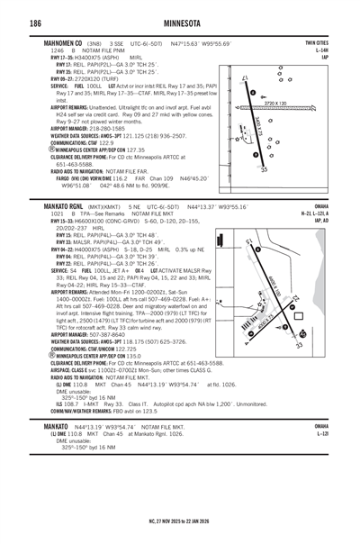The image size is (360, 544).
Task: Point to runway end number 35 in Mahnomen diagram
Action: (263, 169)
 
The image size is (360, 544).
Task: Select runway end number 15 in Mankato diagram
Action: (248, 242)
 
